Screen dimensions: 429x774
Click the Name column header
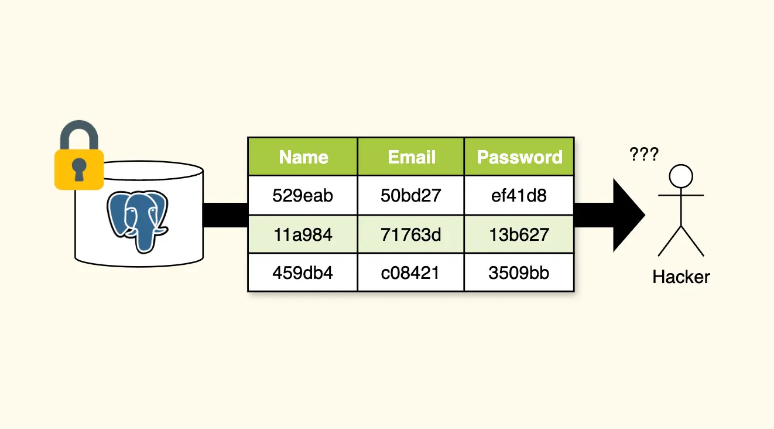coord(303,157)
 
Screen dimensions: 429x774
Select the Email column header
coord(411,157)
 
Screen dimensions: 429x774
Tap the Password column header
coord(519,157)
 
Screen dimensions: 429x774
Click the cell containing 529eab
coord(303,195)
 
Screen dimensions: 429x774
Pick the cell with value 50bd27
coord(411,195)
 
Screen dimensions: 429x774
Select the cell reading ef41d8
coord(519,195)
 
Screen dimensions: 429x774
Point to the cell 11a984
coord(303,234)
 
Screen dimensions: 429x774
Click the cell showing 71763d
coord(411,234)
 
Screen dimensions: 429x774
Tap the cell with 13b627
coord(519,234)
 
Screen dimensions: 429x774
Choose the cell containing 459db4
coord(303,273)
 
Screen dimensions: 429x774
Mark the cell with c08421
coord(411,273)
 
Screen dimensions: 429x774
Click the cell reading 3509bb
coord(519,273)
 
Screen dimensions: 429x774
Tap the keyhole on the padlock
coord(79,169)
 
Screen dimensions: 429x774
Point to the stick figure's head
coord(681,175)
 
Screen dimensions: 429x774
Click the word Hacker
coord(681,277)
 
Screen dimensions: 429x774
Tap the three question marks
coord(643,155)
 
